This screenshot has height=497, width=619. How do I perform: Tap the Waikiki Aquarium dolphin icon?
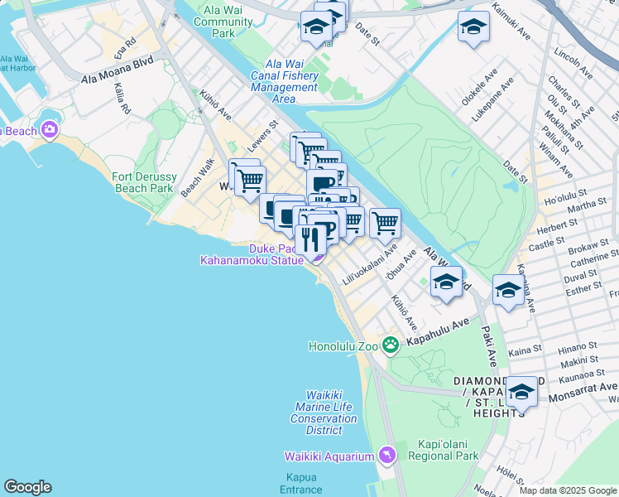(x=386, y=456)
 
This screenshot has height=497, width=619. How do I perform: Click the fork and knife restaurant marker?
(x=311, y=239)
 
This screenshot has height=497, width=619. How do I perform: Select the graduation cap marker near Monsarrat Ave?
(x=521, y=392)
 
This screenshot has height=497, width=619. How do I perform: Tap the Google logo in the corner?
(x=27, y=487)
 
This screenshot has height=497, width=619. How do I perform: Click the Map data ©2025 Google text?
(x=567, y=490)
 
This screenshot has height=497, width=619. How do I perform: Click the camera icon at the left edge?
(x=50, y=129)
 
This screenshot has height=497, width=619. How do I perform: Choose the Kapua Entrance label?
(x=300, y=483)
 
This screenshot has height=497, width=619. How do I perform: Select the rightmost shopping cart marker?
(x=385, y=222)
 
